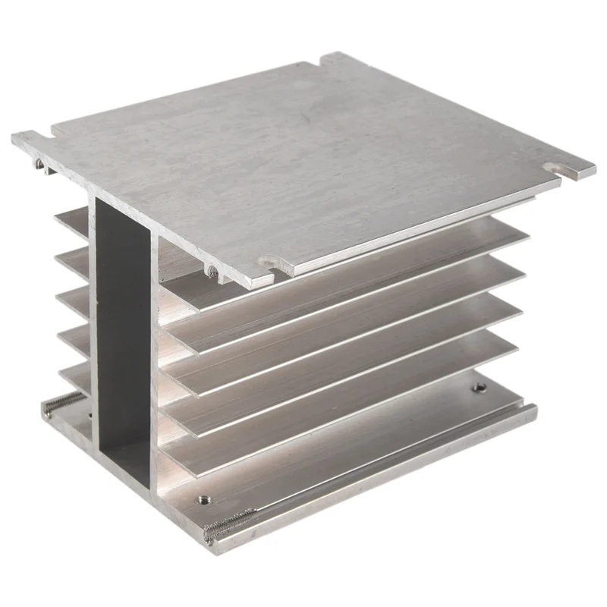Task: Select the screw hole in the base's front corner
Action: point(203,500)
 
